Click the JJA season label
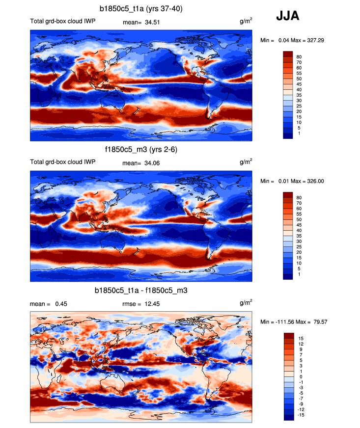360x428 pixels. click(287, 17)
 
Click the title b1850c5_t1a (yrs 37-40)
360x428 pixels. click(141, 9)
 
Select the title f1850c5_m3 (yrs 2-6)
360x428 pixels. click(141, 149)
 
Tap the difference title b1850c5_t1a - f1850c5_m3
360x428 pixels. click(141, 291)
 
